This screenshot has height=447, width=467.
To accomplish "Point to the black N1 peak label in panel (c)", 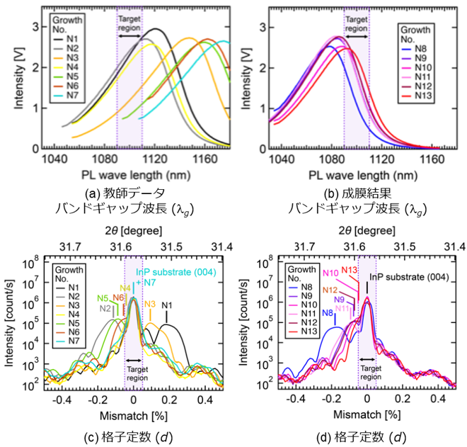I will [x=168, y=306].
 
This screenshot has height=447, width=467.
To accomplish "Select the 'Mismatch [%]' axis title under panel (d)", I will [x=366, y=412].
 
